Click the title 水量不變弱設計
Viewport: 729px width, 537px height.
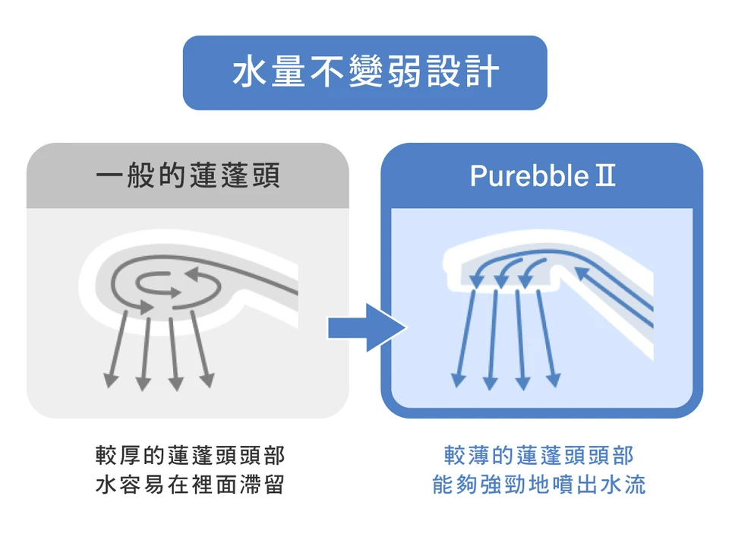click(x=364, y=73)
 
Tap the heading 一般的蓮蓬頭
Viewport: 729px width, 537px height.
click(x=188, y=175)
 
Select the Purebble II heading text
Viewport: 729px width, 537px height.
click(x=542, y=175)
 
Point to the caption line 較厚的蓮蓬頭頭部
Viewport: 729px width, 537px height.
click(x=190, y=456)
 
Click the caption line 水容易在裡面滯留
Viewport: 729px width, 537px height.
click(x=190, y=485)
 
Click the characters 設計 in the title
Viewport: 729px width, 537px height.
click(x=465, y=73)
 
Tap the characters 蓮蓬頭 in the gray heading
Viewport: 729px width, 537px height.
click(x=235, y=175)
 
